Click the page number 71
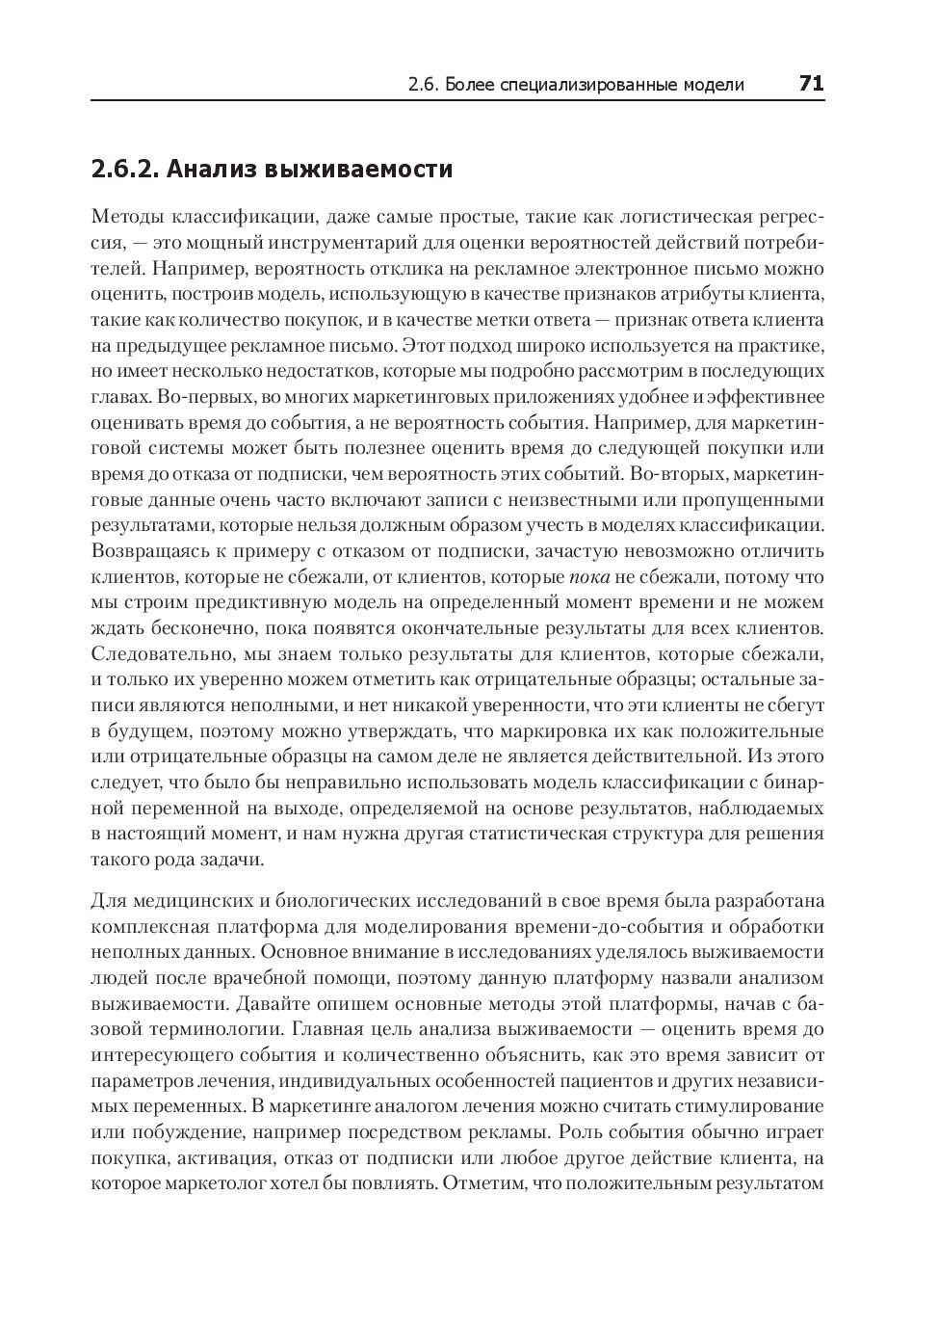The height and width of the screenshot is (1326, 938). click(x=811, y=84)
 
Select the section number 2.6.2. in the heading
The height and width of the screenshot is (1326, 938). click(x=124, y=170)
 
